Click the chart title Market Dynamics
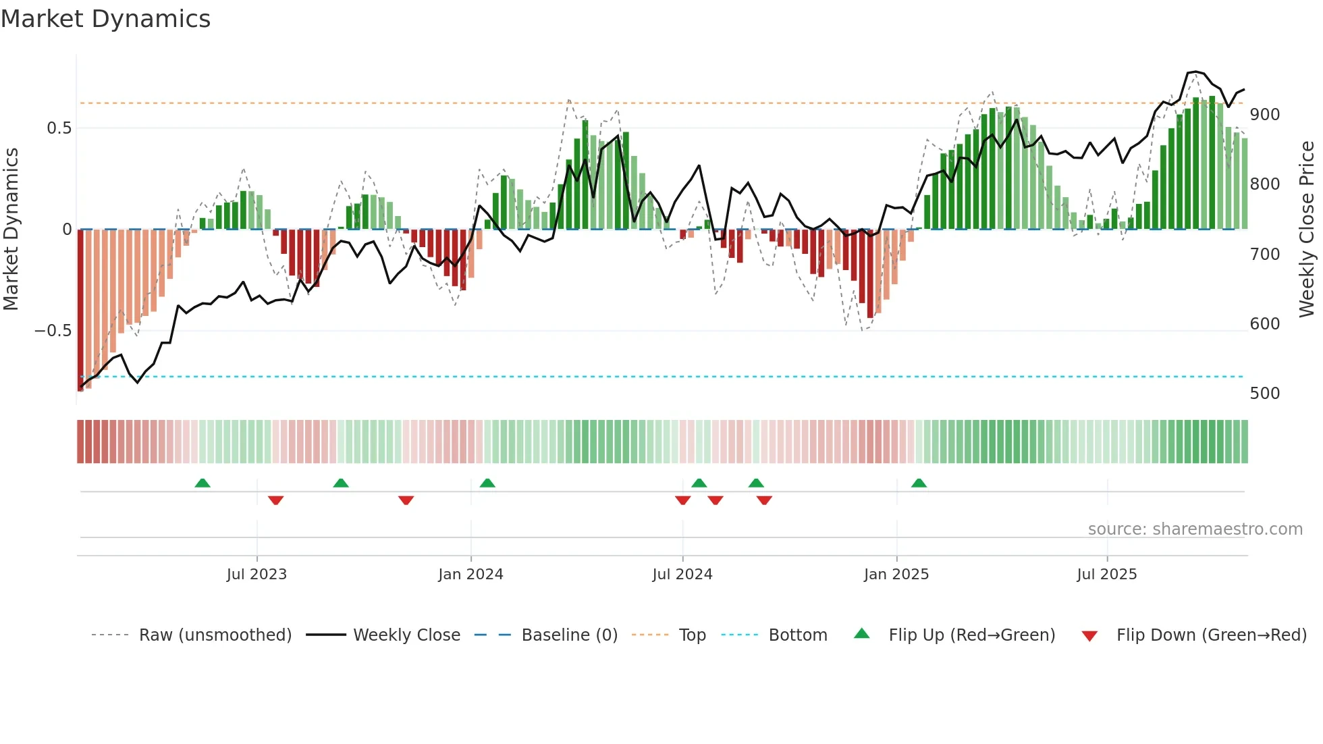[105, 19]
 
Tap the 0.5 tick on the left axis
[59, 128]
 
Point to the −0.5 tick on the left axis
[53, 331]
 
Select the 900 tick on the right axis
[1264, 115]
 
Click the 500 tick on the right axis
[1264, 394]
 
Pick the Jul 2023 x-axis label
[256, 575]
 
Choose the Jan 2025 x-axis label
[896, 575]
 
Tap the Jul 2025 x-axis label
[1106, 575]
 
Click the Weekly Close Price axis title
[1307, 229]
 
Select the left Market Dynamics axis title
[11, 229]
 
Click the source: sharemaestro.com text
[1195, 529]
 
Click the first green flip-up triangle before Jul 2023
[202, 483]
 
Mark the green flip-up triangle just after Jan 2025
[919, 483]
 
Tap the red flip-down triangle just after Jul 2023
[275, 500]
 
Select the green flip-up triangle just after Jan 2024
[487, 483]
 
